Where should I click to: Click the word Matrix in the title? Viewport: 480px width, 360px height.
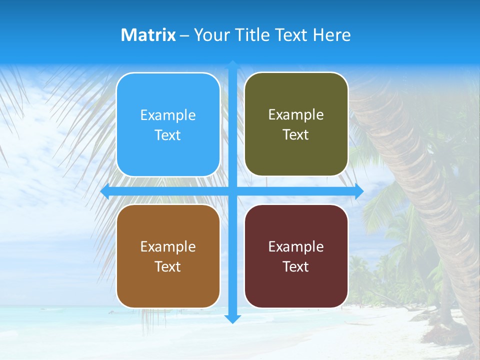point(148,35)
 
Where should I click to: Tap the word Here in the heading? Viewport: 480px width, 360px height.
point(332,35)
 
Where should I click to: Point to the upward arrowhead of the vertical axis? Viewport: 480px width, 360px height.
point(232,64)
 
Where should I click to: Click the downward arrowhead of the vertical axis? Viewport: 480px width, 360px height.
point(232,318)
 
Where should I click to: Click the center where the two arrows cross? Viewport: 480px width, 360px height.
point(232,191)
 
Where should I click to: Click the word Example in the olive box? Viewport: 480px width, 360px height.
point(296,114)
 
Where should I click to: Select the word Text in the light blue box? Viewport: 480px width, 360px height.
point(168,135)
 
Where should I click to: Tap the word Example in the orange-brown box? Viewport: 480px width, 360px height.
point(168,246)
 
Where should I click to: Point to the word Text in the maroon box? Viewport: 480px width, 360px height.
point(296,266)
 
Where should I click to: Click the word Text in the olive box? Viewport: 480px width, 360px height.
point(296,134)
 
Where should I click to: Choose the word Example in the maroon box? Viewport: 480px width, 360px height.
point(296,246)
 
